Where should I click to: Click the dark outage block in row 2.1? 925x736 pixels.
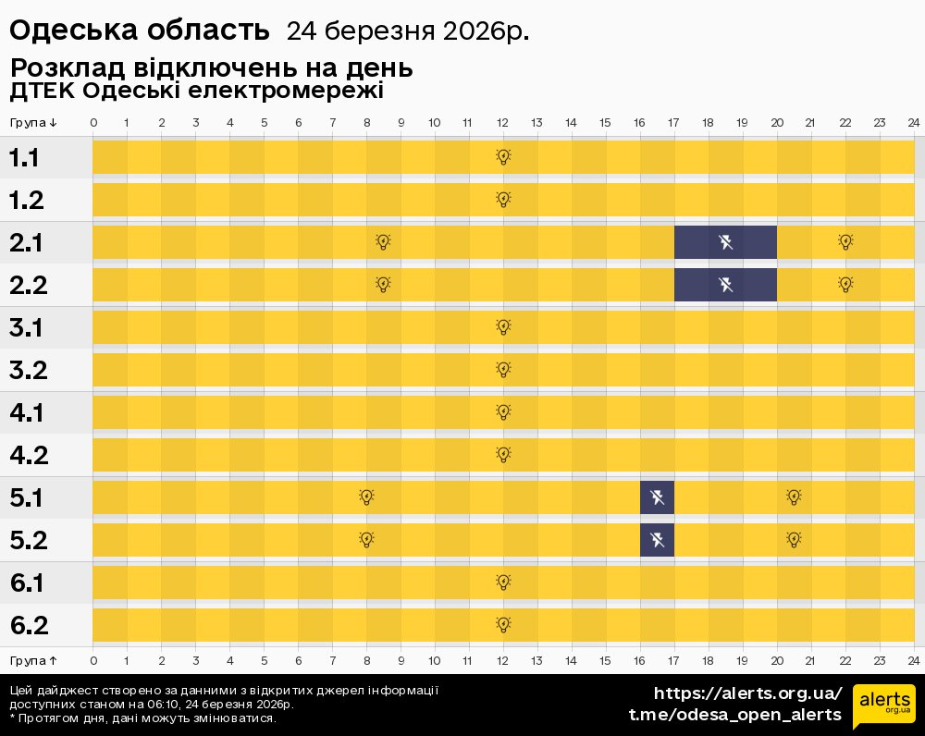tap(725, 242)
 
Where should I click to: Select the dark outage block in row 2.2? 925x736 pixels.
tap(725, 285)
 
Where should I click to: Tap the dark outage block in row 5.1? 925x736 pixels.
tap(657, 497)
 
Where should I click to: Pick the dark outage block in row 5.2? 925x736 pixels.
tap(657, 540)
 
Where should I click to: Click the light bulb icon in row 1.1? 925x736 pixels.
tap(503, 157)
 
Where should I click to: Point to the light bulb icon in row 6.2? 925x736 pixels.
tap(503, 625)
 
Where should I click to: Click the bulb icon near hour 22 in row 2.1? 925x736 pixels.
tap(845, 242)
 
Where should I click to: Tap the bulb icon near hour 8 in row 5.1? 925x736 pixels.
tap(366, 497)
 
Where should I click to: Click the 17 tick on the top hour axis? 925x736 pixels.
tap(673, 123)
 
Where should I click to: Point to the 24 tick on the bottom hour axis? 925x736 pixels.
tap(913, 660)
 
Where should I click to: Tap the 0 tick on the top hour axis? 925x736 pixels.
tap(93, 123)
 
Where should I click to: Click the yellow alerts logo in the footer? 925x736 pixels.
tap(883, 707)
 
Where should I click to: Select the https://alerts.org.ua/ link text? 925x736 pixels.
tap(747, 693)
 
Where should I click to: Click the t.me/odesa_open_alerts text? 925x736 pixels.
tap(735, 715)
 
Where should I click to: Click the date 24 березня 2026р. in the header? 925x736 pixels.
tap(408, 31)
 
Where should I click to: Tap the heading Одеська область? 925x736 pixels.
tap(140, 31)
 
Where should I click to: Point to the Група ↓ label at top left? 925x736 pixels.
tap(33, 123)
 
